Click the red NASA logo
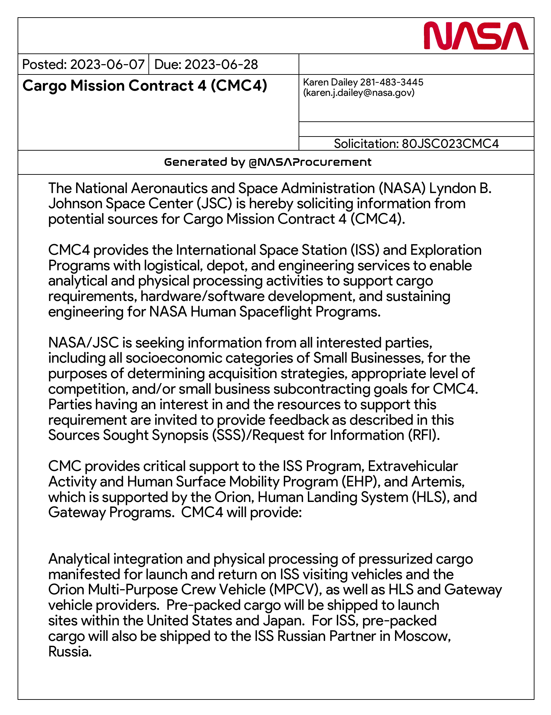476,36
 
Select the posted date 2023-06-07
107,64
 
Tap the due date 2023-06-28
221,64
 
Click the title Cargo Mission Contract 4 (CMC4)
145,85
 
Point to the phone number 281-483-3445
392,82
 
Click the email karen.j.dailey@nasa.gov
358,93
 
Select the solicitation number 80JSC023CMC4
450,144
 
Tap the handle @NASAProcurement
310,162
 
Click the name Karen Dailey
330,82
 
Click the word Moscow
422,636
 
